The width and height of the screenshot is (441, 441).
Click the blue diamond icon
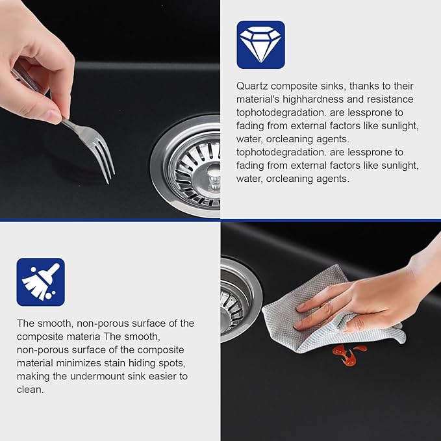pos(260,45)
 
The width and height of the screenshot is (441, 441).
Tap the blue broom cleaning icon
pos(40,282)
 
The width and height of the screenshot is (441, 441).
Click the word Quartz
pos(252,86)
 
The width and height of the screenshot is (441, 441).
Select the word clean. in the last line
pos(30,390)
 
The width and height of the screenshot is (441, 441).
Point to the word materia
pos(82,336)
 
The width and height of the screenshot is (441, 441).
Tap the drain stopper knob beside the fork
pos(214,176)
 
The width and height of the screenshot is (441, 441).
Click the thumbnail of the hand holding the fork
pos(110,109)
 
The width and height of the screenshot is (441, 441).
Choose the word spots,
pos(172,363)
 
